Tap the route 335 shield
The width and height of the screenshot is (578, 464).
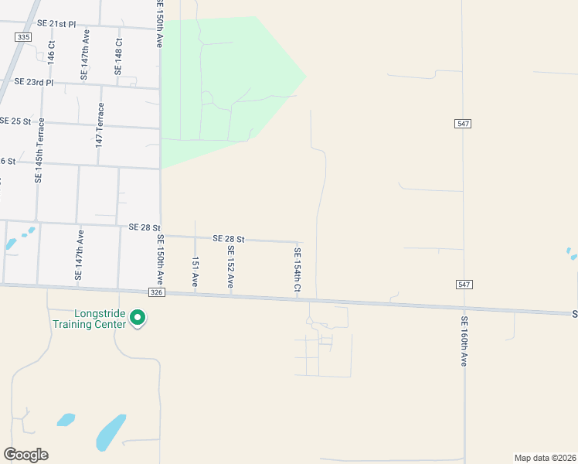[x=23, y=37]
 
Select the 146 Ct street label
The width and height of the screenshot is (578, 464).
[x=51, y=52]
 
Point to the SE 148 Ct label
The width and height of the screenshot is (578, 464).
[x=118, y=56]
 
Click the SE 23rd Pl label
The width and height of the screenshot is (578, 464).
[x=33, y=81]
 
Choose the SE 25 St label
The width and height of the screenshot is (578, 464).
[x=15, y=121]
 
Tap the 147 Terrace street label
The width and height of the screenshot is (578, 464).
[x=99, y=128]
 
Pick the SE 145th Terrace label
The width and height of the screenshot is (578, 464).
[x=38, y=154]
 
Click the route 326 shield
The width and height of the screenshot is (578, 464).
[x=157, y=292]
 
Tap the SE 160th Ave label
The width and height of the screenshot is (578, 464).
[x=464, y=340]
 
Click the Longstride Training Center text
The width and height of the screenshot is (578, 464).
[x=89, y=319]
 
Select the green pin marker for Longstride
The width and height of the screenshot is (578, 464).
[x=138, y=318]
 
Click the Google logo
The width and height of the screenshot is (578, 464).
[x=25, y=455]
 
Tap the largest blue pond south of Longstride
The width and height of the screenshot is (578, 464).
[x=110, y=432]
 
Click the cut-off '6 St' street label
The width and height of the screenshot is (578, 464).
[x=8, y=161]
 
